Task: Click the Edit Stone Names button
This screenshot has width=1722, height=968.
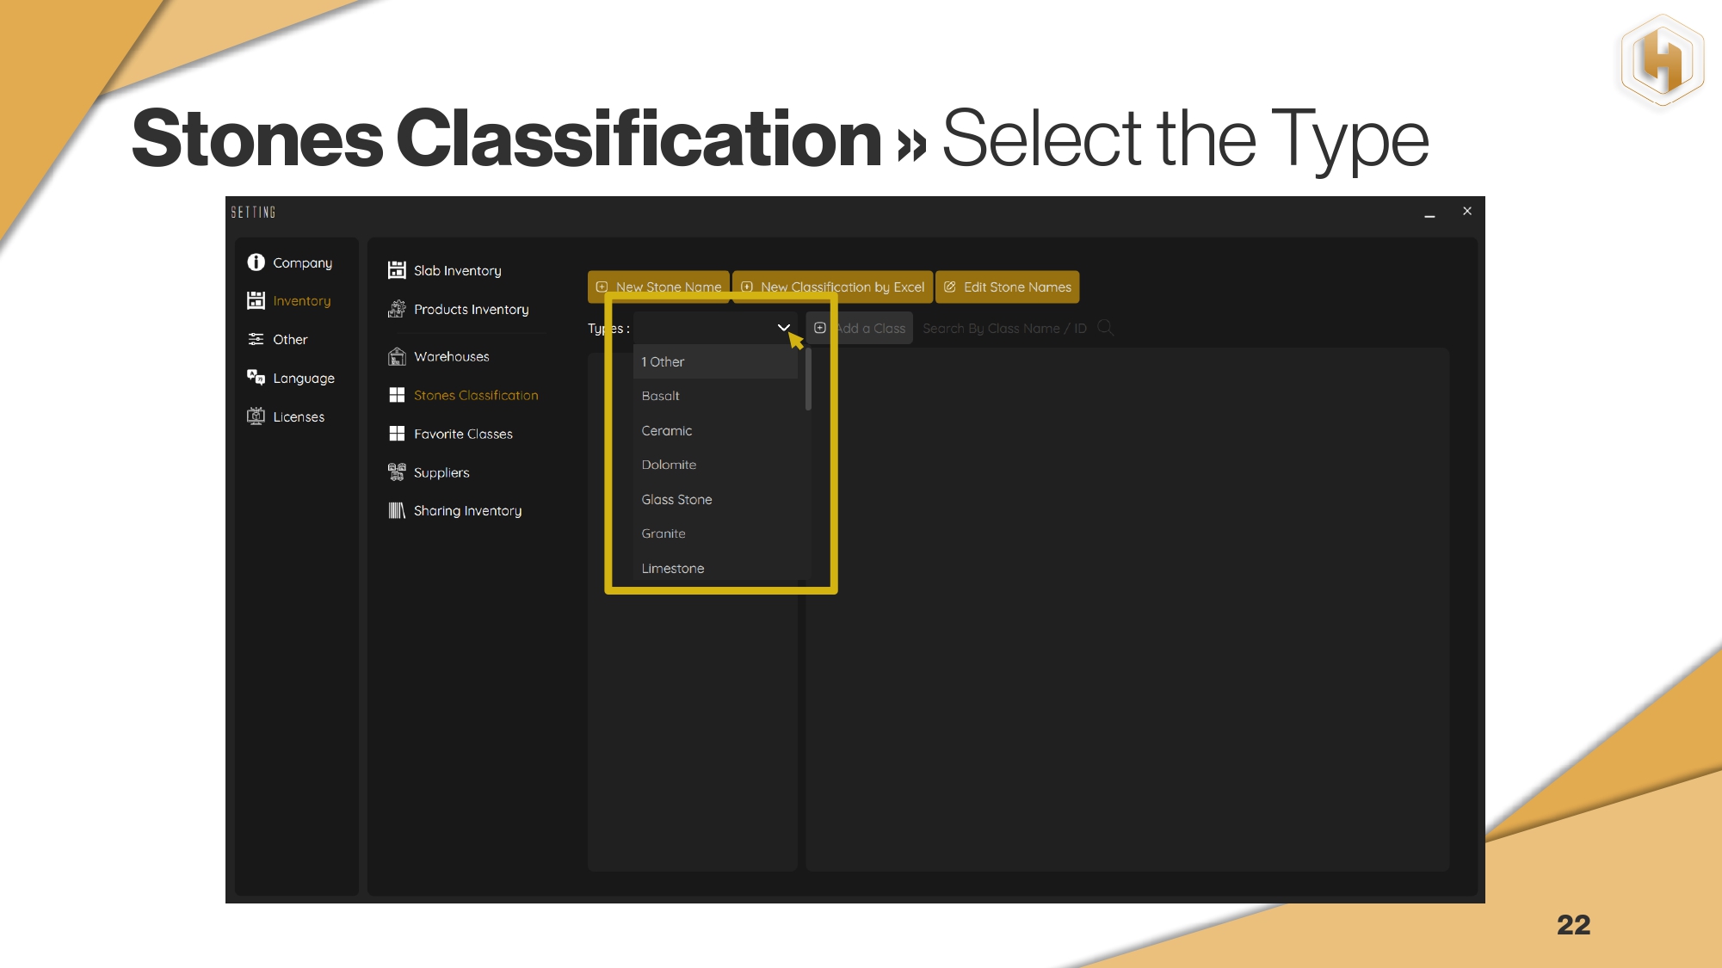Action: tap(1007, 287)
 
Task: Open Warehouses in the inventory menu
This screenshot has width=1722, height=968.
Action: tap(439, 356)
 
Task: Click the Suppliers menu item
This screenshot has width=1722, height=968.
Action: tap(429, 472)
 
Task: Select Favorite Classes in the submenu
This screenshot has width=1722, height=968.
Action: tap(450, 434)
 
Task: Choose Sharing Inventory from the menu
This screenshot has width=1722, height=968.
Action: tap(455, 511)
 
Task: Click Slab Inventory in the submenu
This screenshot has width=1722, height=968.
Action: tap(444, 270)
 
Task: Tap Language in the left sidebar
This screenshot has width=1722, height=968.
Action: tap(291, 378)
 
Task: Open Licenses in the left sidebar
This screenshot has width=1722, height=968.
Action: tap(286, 416)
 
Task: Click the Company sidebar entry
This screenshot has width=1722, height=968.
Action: tap(289, 262)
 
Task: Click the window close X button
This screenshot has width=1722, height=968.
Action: tap(1467, 211)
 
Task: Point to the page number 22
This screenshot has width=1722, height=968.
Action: tap(1574, 925)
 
